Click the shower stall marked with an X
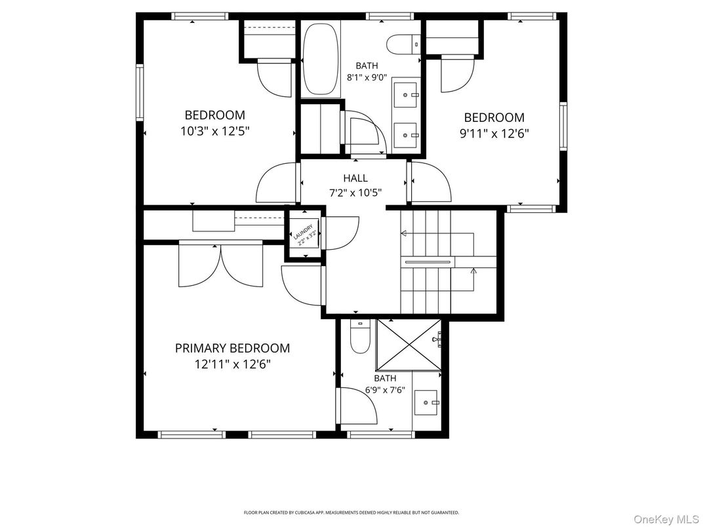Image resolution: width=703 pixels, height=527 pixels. pyautogui.click(x=409, y=345)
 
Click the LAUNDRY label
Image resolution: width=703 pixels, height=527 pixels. pyautogui.click(x=305, y=234)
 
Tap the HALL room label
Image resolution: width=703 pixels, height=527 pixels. pyautogui.click(x=355, y=178)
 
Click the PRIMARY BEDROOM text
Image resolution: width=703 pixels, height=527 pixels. pyautogui.click(x=232, y=348)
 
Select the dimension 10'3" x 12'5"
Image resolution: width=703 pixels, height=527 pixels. pyautogui.click(x=215, y=130)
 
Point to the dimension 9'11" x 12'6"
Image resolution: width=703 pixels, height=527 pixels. pyautogui.click(x=494, y=133)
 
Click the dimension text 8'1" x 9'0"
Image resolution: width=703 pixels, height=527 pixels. pyautogui.click(x=367, y=77)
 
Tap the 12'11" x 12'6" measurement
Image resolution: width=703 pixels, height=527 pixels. pyautogui.click(x=232, y=364)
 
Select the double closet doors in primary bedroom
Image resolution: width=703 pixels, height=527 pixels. pyautogui.click(x=221, y=265)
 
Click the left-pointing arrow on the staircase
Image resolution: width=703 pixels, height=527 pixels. pyautogui.click(x=404, y=233)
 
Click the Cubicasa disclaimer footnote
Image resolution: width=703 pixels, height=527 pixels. pyautogui.click(x=351, y=513)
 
